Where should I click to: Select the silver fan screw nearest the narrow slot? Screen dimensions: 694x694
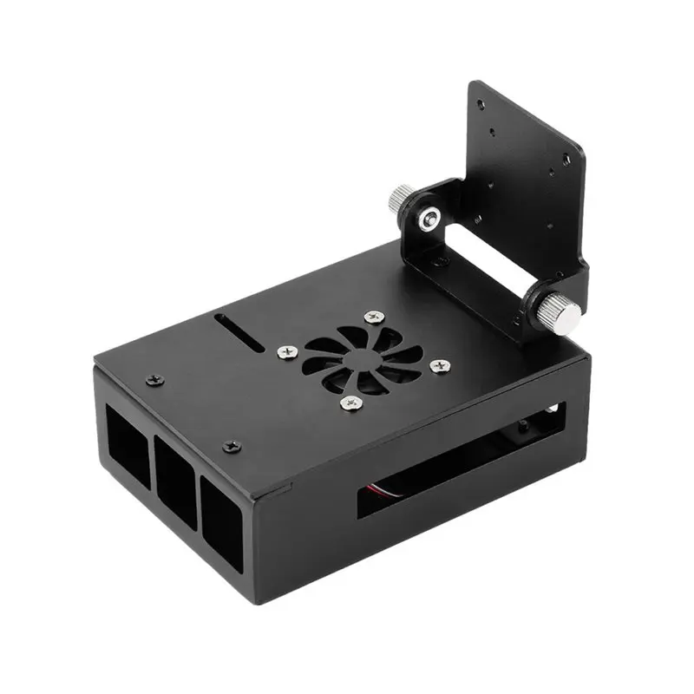tap(285, 352)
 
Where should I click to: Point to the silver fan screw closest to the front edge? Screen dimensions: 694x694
tap(350, 402)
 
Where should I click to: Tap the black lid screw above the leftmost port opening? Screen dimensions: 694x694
tap(154, 378)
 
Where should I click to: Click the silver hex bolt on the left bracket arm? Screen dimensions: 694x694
tap(427, 219)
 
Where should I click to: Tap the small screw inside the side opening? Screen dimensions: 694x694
tap(523, 426)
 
